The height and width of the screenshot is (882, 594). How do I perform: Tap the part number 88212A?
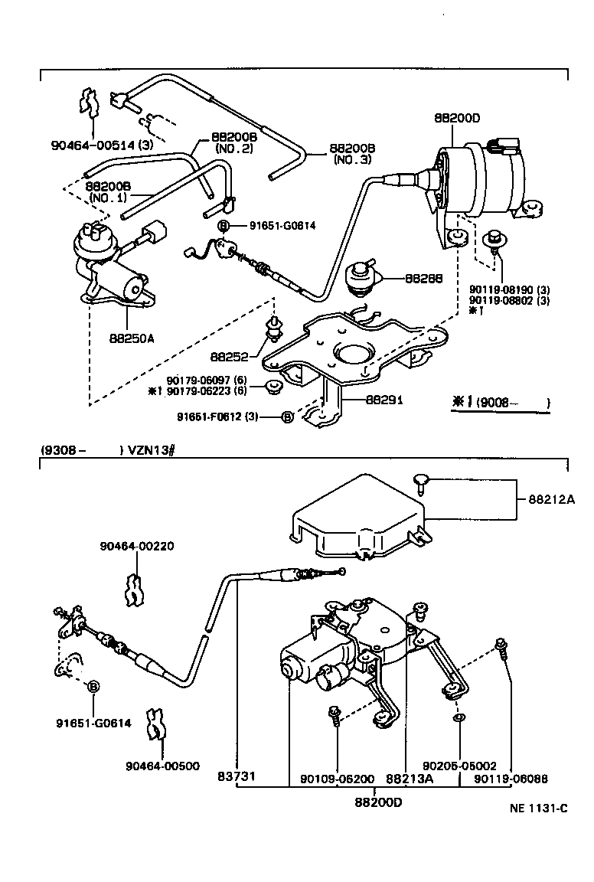click(x=551, y=499)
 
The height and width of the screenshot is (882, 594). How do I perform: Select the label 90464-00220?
click(x=136, y=546)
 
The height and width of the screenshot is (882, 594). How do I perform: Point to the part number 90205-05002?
click(x=460, y=765)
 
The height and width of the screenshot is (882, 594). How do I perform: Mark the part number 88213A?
click(x=409, y=778)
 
